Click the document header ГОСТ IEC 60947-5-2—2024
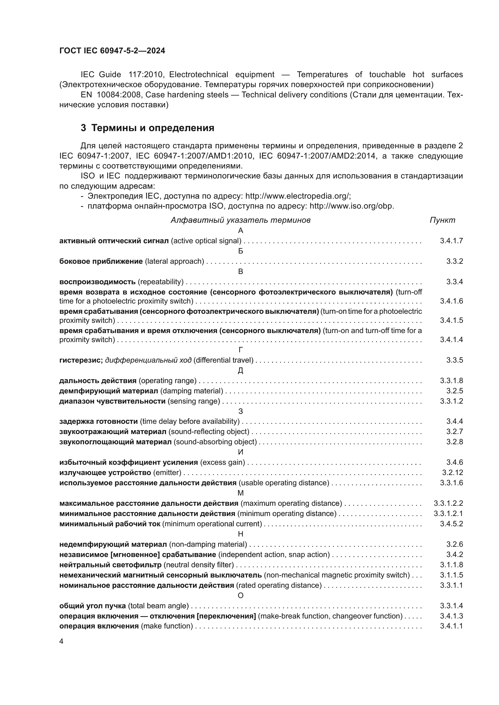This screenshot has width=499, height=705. [112, 51]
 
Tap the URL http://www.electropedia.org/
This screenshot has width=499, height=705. [297, 196]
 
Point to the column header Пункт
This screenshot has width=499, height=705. [443, 220]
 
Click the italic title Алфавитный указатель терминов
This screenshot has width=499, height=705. [240, 220]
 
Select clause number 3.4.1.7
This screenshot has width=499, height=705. [451, 241]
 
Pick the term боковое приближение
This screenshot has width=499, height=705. [101, 261]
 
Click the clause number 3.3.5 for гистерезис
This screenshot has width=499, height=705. [454, 360]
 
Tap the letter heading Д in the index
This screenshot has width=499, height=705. [240, 371]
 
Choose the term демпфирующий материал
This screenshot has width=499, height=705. [109, 391]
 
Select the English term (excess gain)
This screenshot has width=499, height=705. [222, 462]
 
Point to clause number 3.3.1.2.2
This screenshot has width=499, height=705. [448, 503]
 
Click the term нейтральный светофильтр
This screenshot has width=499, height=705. [110, 565]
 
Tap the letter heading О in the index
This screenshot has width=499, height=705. [240, 595]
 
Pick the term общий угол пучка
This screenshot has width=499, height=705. [93, 606]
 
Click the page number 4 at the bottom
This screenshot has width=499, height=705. [61, 641]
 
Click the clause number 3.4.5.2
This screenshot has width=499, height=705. [451, 524]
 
